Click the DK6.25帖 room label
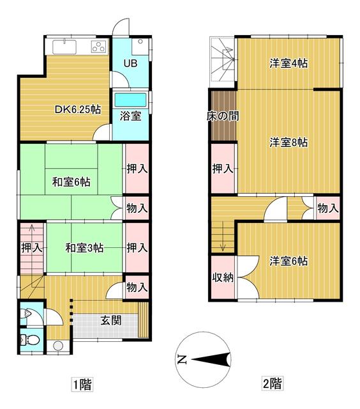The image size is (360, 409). tap(78, 109)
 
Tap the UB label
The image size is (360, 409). tap(130, 63)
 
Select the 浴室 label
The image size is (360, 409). tap(130, 116)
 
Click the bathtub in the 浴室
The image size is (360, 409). tap(130, 100)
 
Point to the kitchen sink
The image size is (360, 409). tap(64, 47)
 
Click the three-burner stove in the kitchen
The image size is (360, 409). tap(99, 47)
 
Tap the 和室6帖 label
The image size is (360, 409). tap(71, 181)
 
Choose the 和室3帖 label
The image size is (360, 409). tap(84, 248)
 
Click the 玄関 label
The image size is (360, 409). tap(111, 320)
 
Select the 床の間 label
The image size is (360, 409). tap(223, 116)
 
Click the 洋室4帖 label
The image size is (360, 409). tap(289, 63)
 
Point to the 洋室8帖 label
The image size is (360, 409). tap(289, 143)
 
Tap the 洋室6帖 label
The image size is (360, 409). tap(289, 261)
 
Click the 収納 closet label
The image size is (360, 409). tap(223, 277)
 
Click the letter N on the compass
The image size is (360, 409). tap(182, 360)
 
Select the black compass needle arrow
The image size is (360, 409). tap(211, 360)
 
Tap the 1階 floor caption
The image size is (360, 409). tap(82, 384)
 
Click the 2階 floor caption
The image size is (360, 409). tap(272, 383)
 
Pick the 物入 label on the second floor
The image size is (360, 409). tap(328, 208)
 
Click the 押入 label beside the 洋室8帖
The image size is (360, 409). tap(223, 169)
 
